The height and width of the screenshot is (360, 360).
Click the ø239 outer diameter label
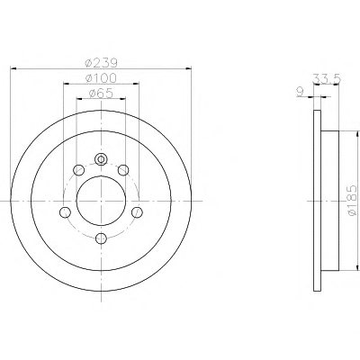[x=101, y=63]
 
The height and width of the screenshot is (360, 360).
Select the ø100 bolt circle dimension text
[x=101, y=78]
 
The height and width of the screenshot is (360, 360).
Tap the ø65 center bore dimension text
[x=101, y=94]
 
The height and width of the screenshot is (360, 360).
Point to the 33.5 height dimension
[x=327, y=78]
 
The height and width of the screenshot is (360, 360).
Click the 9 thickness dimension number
[x=301, y=92]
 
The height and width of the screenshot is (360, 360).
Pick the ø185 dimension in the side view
[x=353, y=200]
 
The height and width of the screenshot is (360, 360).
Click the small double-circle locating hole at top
[x=101, y=159]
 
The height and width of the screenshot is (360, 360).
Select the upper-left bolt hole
[x=79, y=170]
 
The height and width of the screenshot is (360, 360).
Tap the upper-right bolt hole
[x=123, y=170]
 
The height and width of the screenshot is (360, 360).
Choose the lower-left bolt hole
[x=65, y=212]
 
